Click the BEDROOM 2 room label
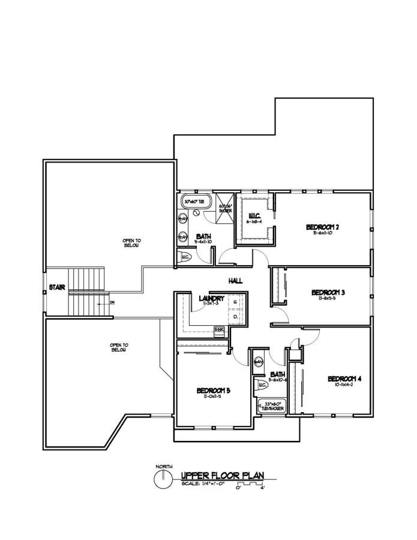click(323, 227)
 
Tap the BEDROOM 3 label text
click(328, 292)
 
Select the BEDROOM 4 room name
click(344, 379)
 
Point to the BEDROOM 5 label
click(214, 391)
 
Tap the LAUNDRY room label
click(211, 298)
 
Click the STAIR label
click(57, 287)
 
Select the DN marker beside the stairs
click(112, 302)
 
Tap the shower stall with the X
click(225, 207)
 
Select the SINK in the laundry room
click(220, 329)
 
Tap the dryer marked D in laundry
click(235, 316)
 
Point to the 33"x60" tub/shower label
click(271, 406)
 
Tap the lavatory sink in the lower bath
click(259, 362)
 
